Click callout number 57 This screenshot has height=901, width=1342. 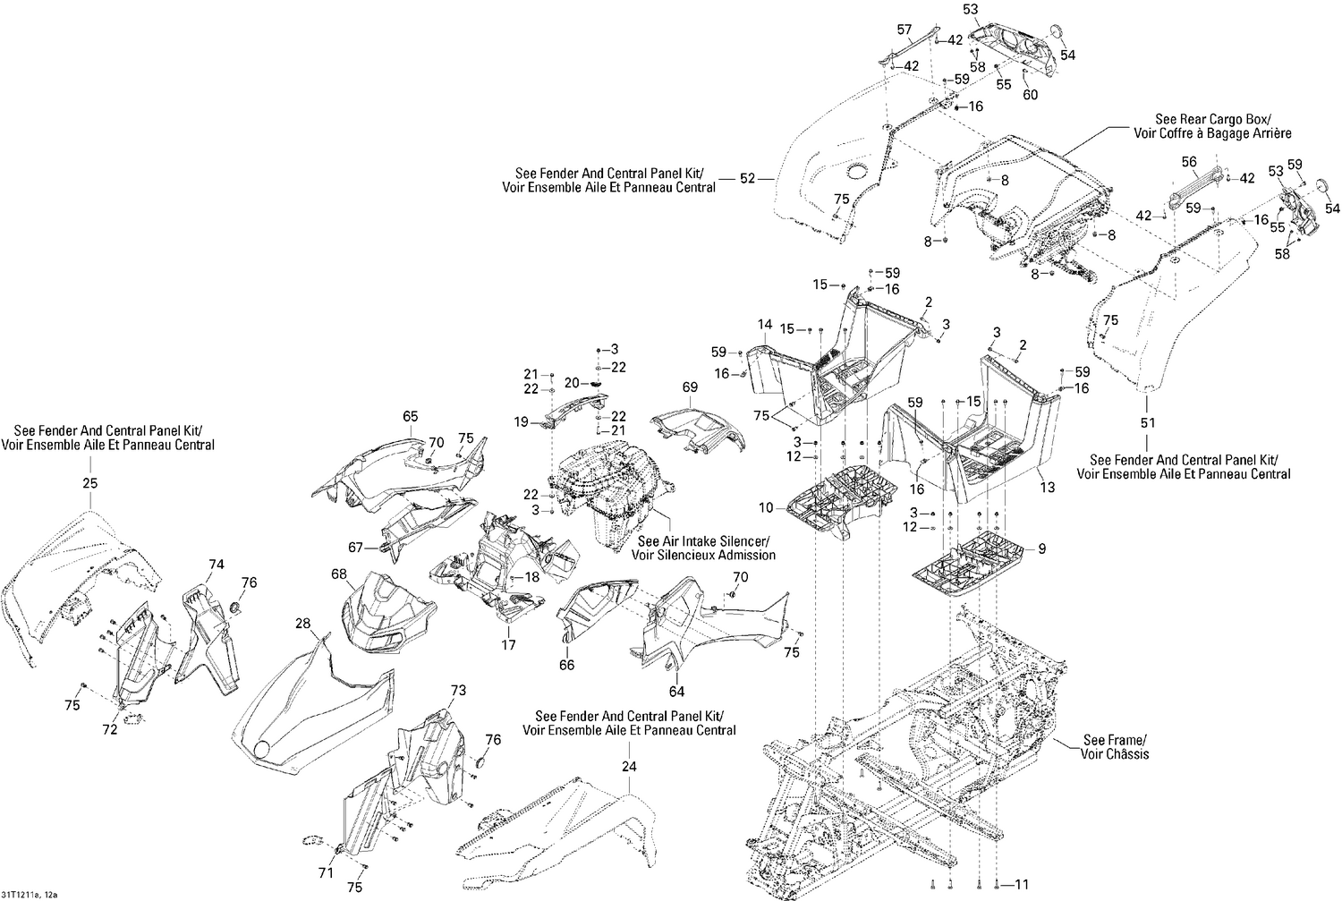coord(904,29)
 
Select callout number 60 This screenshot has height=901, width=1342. coord(1030,95)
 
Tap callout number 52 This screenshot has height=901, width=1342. coord(748,179)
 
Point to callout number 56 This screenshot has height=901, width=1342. coord(1188,162)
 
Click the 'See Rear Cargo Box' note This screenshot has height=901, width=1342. coord(1223,126)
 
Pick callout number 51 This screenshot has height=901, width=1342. coord(1148,422)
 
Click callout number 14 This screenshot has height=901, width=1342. coord(764,324)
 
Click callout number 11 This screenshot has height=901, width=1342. coord(1022,885)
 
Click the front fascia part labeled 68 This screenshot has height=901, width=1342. coord(385,613)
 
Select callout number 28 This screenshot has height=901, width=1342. coord(302,623)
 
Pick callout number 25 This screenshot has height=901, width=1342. coord(89,483)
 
